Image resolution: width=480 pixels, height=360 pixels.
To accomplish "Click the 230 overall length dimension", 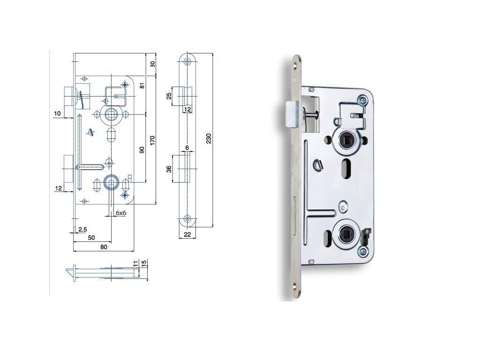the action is point(209,139).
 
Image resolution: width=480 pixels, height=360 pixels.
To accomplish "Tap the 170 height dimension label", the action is point(153,140).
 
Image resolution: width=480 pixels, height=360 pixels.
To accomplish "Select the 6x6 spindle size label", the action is point(121,213).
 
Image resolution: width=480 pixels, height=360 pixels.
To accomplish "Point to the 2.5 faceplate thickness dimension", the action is point(82,229).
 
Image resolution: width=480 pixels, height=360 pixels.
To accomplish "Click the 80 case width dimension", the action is point(104,247).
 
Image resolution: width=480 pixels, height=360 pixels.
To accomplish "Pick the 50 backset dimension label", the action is point(91,238).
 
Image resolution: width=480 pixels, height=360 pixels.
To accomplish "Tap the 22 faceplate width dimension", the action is point(187,234).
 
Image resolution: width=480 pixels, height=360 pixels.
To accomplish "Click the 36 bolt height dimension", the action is point(169,169).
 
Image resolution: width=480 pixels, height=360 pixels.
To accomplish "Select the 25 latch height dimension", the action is point(169,96).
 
